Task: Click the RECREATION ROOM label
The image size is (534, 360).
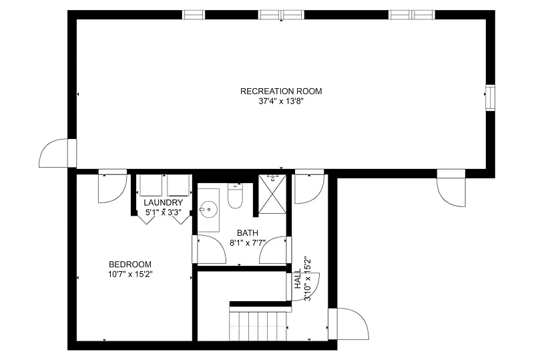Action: tap(281, 91)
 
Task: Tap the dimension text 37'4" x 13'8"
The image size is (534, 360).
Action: tap(281, 102)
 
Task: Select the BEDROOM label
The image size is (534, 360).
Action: tap(130, 264)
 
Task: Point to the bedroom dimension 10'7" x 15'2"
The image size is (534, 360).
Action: tap(130, 274)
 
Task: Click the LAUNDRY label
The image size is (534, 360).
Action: tap(163, 202)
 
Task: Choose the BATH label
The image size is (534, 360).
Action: tap(248, 233)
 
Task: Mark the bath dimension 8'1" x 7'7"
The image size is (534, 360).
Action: tap(248, 242)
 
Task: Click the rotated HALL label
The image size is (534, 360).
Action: tap(298, 279)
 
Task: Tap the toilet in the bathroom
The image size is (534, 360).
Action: tap(235, 196)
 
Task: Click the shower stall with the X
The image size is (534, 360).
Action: tap(272, 194)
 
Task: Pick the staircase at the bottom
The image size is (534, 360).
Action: tap(258, 326)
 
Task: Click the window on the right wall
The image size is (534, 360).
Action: tap(490, 98)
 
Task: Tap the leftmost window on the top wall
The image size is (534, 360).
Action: tap(194, 15)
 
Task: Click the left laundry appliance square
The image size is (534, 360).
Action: tap(151, 186)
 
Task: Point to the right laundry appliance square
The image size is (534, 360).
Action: tap(178, 186)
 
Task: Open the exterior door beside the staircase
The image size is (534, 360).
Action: tap(348, 324)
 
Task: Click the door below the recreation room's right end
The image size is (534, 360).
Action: tap(451, 188)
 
